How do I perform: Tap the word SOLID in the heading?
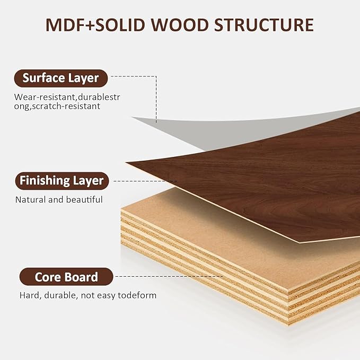(120, 25)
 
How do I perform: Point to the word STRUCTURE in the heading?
(264, 25)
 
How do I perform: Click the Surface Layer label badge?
(61, 78)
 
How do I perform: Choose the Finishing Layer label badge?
(62, 181)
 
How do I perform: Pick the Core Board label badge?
(66, 277)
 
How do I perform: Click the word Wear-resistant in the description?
(45, 97)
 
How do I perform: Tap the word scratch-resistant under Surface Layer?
(66, 106)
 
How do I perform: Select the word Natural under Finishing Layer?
(31, 200)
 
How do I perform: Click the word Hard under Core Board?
(30, 295)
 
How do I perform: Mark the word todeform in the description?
(137, 295)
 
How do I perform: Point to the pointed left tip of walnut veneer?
(126, 163)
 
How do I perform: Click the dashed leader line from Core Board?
(169, 276)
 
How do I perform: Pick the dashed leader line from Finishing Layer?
(145, 181)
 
